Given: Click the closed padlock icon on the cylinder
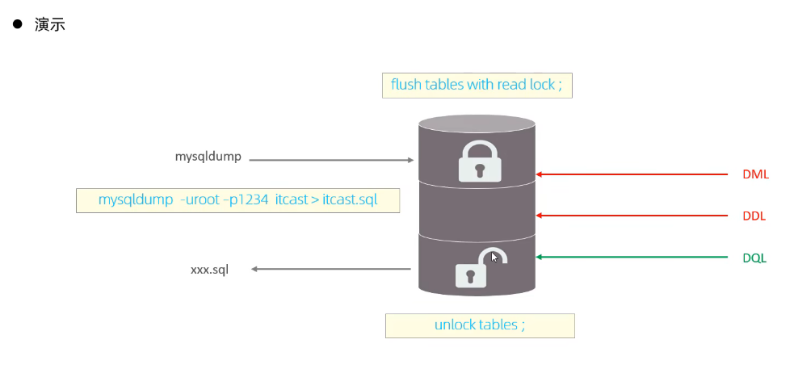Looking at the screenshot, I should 480,161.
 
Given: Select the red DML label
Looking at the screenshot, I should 755,174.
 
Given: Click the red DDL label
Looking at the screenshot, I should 754,216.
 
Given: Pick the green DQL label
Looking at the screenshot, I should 754,258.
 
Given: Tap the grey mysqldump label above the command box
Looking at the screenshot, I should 208,157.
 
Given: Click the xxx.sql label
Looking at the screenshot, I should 209,270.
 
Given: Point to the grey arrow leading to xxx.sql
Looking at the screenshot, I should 330,269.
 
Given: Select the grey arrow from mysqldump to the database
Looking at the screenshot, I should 331,160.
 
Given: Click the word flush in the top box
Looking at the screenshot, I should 405,85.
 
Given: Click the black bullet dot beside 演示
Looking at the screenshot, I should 16,24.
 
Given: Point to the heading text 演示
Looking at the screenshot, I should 50,25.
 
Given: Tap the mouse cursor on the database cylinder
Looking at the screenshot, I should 494,257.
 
